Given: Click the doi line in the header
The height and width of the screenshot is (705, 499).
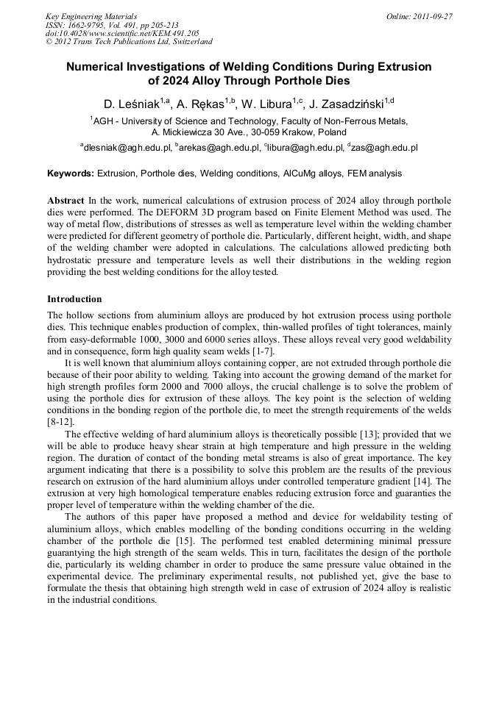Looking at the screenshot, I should coord(122,33).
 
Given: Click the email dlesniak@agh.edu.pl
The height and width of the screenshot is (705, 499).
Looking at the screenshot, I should coord(127,148).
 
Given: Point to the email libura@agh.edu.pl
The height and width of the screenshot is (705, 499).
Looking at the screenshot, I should coord(302,148).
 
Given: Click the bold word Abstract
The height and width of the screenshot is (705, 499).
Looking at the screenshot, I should coord(66,201).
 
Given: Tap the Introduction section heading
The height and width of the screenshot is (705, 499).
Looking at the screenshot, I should coord(74,299).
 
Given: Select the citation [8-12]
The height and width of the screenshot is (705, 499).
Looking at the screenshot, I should coord(60,421).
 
